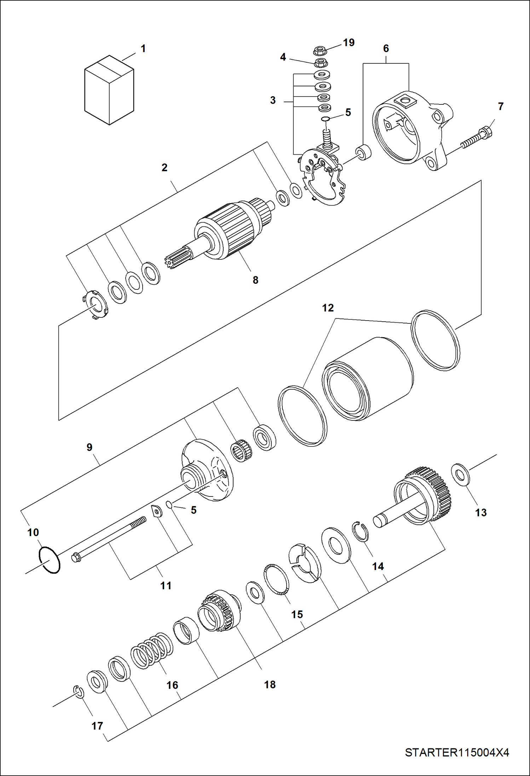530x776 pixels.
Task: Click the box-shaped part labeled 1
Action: [109, 90]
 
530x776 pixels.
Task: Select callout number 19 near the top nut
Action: [348, 43]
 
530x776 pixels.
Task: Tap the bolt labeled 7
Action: [478, 139]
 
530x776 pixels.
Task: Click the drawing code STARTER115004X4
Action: [457, 752]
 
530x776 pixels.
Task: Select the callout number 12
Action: [328, 308]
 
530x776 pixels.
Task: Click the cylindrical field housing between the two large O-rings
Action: [368, 379]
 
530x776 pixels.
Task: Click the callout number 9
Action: [89, 447]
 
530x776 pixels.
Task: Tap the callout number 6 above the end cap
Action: [386, 48]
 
